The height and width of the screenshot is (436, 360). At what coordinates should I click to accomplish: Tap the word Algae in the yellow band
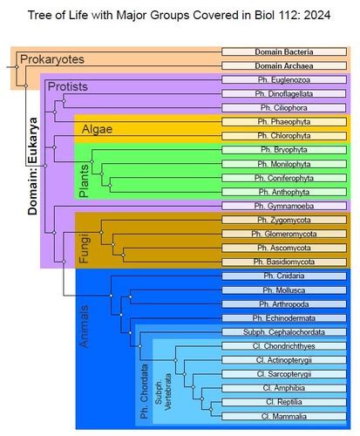click(97, 129)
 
